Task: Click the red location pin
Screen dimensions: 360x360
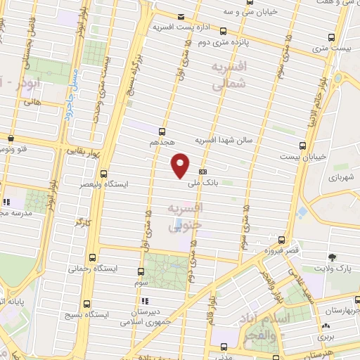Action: pos(181,165)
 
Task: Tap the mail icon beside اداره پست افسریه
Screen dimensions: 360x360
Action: pos(181,17)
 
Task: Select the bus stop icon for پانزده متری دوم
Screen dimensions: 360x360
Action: pos(224,31)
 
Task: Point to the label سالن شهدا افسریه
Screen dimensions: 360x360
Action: pos(228,139)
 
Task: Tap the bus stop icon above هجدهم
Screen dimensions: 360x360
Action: pos(162,131)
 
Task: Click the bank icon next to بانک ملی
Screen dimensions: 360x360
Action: pos(203,171)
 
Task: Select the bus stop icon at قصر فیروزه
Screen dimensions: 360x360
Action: pos(283,239)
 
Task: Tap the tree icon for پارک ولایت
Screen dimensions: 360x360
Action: pos(333,257)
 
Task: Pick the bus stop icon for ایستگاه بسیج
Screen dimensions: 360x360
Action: pos(86,304)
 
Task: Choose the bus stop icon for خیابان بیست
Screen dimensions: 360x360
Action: pos(302,146)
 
